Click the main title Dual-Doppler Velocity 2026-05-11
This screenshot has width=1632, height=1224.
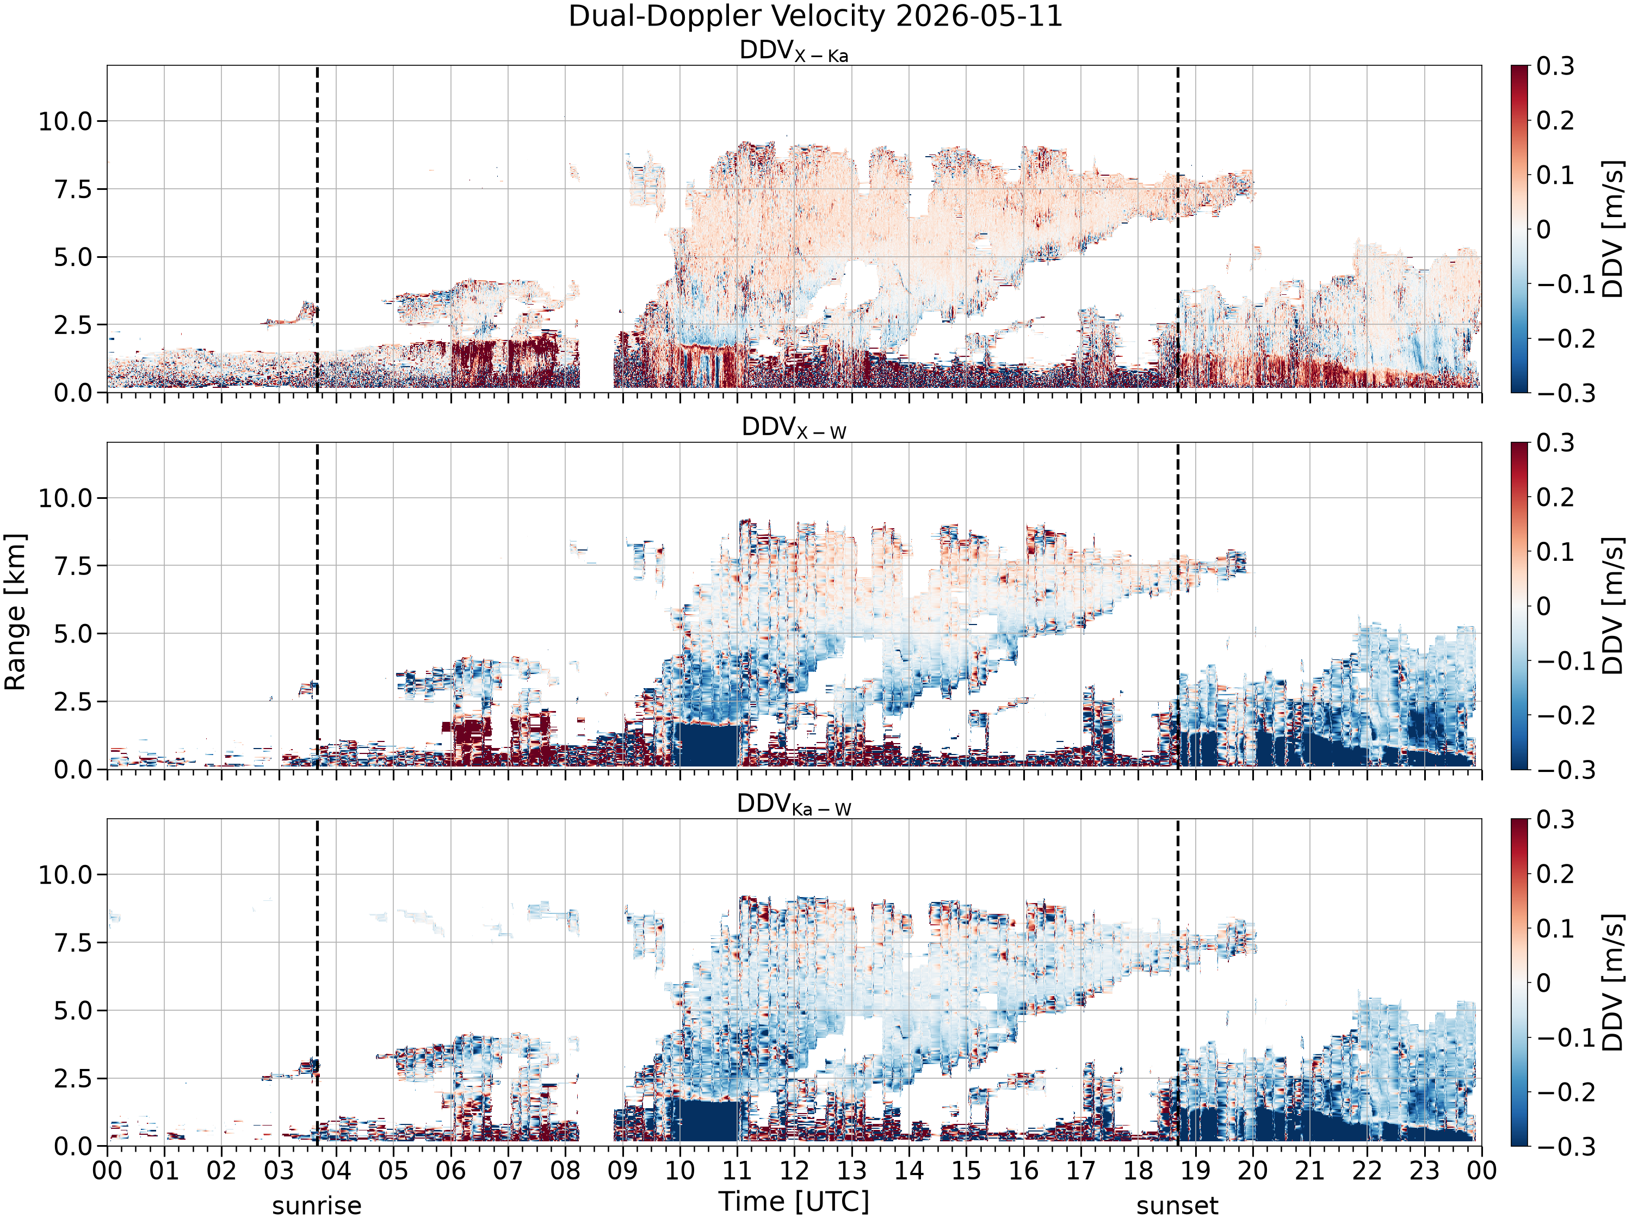coord(815,16)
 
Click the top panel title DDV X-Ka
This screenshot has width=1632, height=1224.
coord(794,52)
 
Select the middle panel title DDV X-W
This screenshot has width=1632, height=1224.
coord(794,428)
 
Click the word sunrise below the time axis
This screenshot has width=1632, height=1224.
coord(317,1206)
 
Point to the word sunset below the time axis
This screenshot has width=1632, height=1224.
coord(1177,1206)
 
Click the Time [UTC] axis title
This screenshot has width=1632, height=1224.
coord(794,1202)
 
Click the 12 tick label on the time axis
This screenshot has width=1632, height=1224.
coord(795,1171)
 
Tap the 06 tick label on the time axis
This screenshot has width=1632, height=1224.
coord(451,1171)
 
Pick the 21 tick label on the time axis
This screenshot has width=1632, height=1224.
coord(1309,1171)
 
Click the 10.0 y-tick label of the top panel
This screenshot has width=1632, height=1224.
coord(66,121)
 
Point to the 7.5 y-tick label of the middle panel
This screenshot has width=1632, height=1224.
coord(74,566)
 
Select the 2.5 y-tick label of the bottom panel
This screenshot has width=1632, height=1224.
coord(74,1078)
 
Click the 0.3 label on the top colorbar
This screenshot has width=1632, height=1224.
coord(1555,66)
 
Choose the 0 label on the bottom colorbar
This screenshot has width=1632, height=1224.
coord(1543,983)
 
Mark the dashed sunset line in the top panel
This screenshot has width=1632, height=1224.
coord(1178,228)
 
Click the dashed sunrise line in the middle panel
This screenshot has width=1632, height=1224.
coord(317,605)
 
